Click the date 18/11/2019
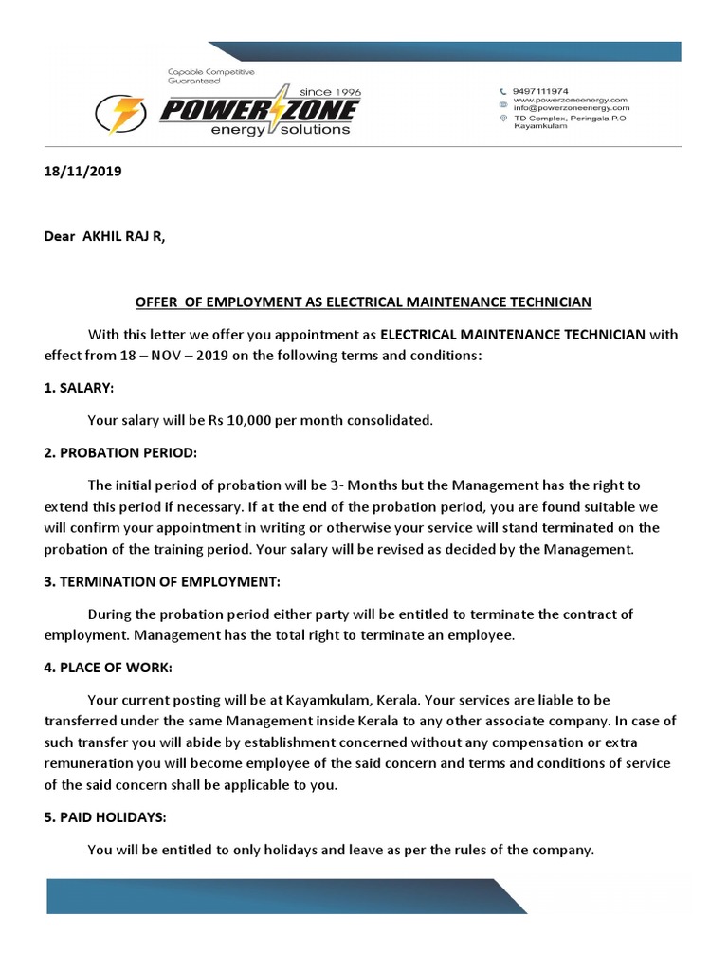point(82,173)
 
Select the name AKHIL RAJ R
point(123,238)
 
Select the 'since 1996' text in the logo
point(329,91)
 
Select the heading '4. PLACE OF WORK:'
point(108,669)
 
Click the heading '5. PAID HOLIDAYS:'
point(106,817)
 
